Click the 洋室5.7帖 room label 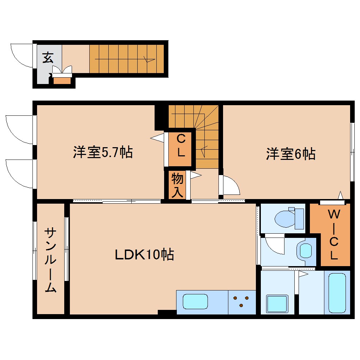pos(103,152)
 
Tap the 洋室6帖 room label pos(291,154)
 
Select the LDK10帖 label pos(144,254)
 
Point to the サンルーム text pos(50,260)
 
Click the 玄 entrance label pos(48,58)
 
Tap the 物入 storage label pos(177,185)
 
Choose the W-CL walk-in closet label pos(334,234)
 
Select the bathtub pos(337,293)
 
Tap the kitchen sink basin pos(196,301)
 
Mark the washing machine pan pos(277,304)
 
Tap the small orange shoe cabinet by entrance pos(62,80)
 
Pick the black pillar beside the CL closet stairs pos(159,118)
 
